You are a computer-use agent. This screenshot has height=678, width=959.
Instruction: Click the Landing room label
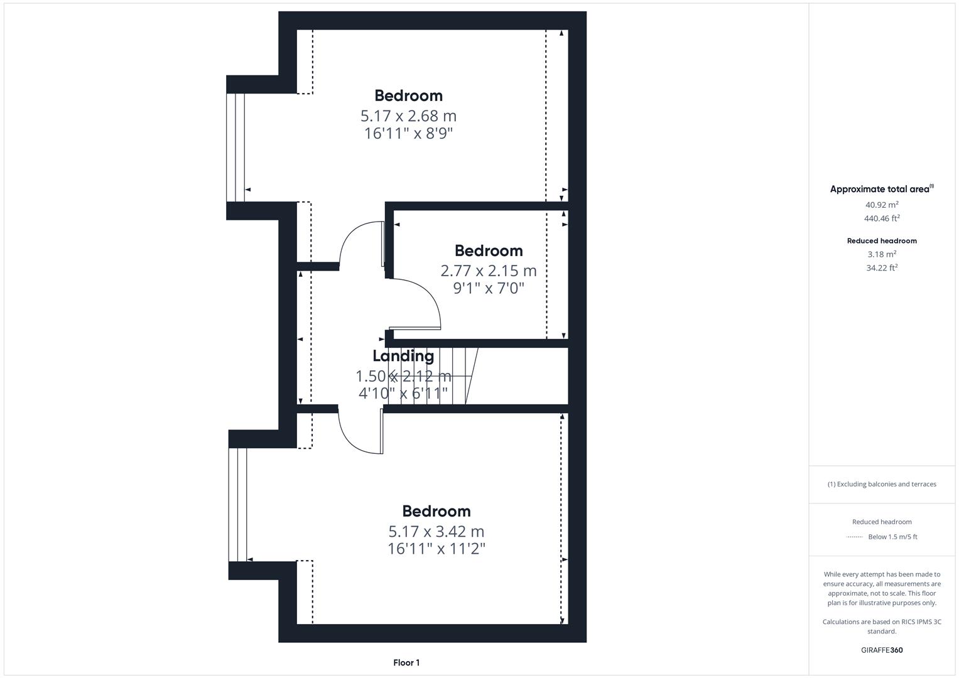(403, 356)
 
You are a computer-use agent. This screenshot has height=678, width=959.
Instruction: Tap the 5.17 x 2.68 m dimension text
(408, 116)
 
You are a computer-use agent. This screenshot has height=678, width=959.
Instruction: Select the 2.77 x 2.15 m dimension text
(489, 271)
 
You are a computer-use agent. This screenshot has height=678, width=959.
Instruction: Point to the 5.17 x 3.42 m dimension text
(436, 532)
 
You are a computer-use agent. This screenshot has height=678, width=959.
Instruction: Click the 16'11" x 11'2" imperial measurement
(436, 549)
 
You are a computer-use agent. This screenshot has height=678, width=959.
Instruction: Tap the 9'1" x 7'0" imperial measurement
(489, 289)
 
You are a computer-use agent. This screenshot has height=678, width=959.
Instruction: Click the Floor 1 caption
(406, 663)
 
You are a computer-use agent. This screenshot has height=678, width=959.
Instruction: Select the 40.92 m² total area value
(882, 205)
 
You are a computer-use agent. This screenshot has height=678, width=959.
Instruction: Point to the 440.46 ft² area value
(882, 218)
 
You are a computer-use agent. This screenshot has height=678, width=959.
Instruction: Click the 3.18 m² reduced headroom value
(882, 254)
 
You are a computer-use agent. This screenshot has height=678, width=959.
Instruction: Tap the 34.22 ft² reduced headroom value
(882, 268)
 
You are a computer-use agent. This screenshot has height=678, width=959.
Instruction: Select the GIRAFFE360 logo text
(882, 650)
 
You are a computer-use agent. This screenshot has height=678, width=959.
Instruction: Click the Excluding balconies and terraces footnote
(882, 484)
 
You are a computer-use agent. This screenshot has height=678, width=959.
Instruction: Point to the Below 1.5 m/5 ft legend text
(892, 537)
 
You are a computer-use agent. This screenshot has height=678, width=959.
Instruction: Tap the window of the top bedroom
(236, 148)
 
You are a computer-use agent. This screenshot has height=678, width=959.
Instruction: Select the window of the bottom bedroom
(238, 504)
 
